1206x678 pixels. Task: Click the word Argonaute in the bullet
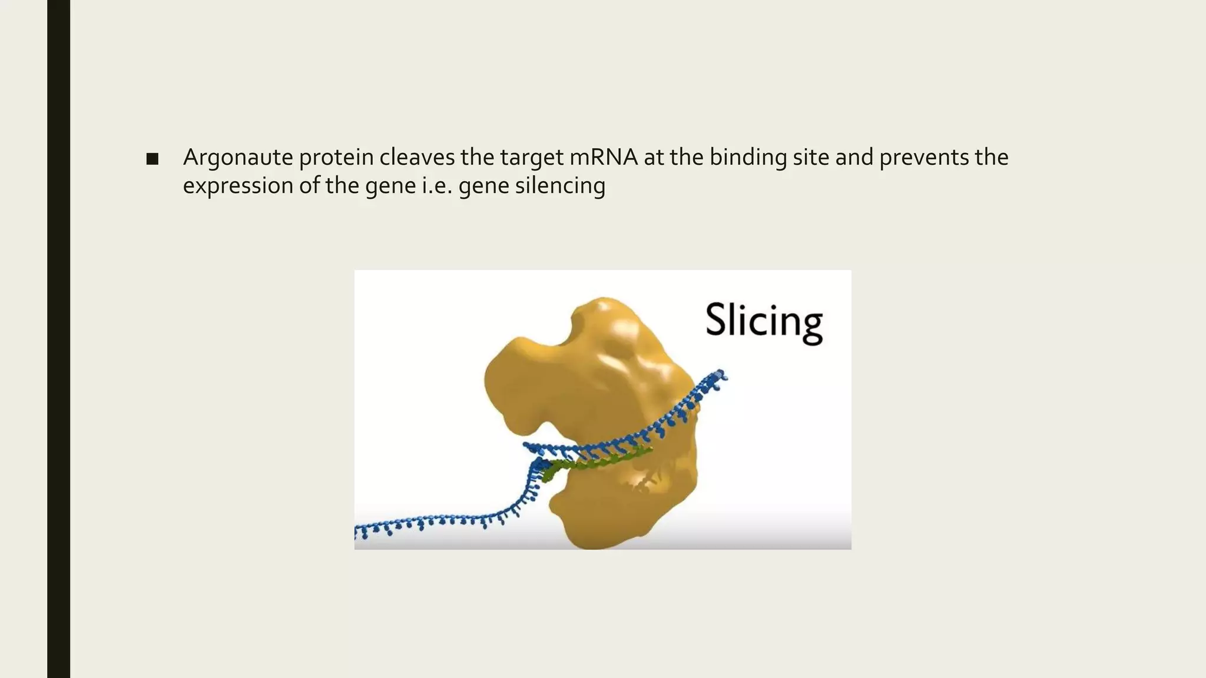237,158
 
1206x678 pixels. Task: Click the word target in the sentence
532,158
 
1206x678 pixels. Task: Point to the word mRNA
604,157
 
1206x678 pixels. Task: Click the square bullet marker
152,159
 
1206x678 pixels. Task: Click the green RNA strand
595,462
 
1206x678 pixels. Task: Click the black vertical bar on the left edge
58,339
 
